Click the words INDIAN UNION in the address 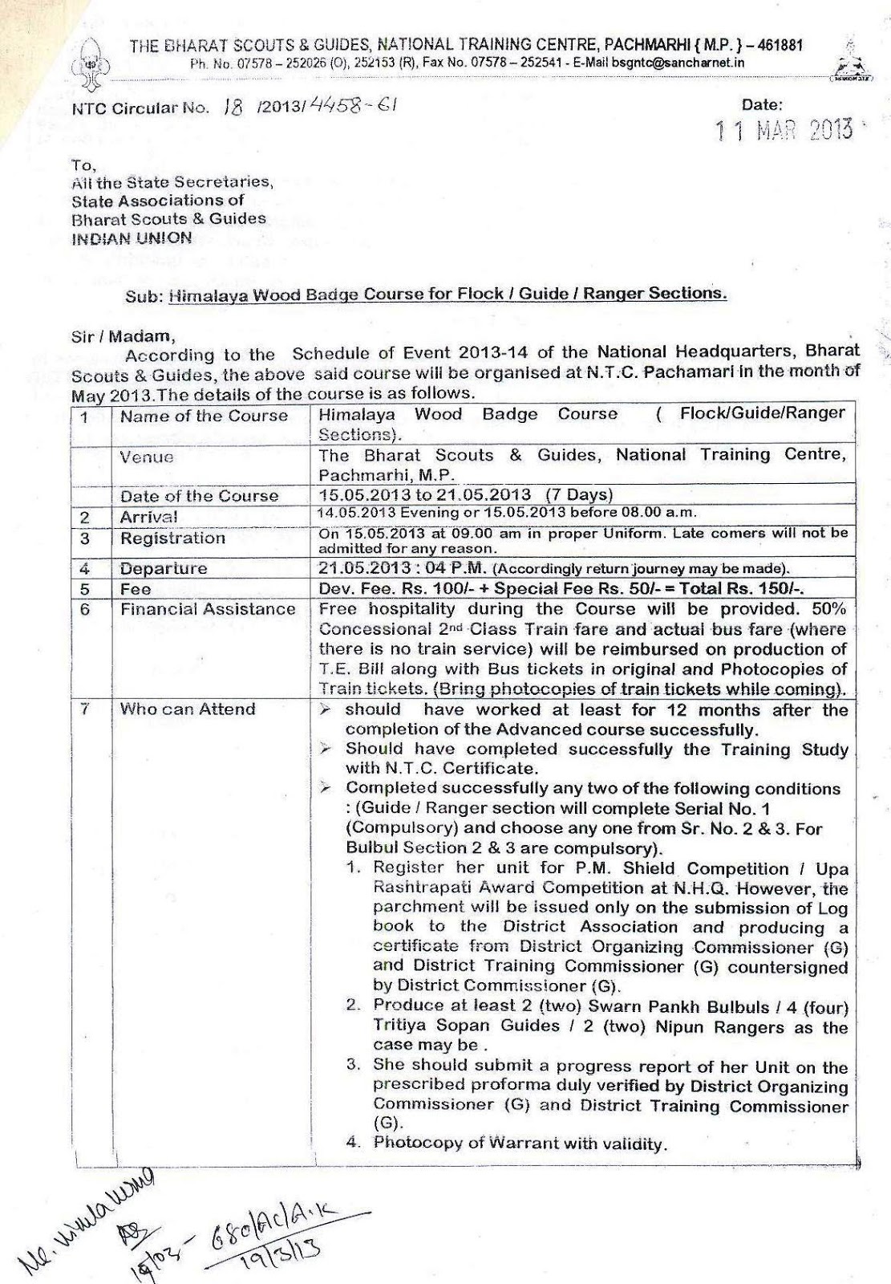(132, 238)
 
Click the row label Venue (147, 457)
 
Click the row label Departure (164, 568)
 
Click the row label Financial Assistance (208, 609)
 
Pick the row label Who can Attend (188, 709)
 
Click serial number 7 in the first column (83, 709)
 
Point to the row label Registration (172, 538)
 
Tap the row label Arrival (149, 517)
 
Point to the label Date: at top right (762, 104)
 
